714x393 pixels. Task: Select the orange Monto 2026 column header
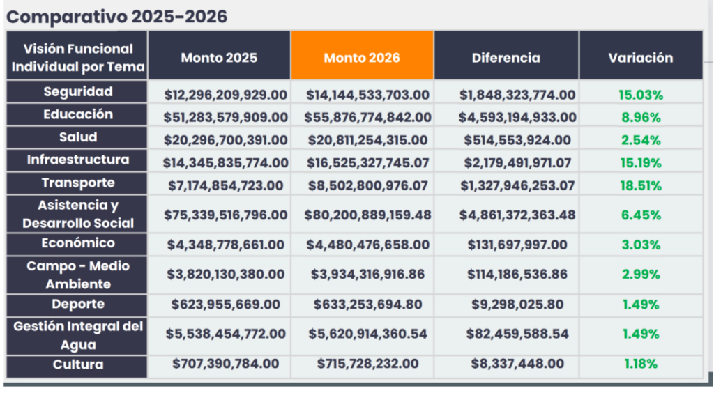(x=362, y=57)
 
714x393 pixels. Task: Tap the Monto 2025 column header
(x=219, y=57)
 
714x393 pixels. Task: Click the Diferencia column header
(x=506, y=57)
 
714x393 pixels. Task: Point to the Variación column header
(x=640, y=57)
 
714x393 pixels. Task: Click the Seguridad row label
(x=77, y=91)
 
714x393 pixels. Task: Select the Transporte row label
(x=77, y=183)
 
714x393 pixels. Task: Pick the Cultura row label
(x=77, y=364)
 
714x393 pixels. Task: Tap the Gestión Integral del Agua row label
(x=77, y=335)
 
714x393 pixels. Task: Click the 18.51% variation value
(x=640, y=186)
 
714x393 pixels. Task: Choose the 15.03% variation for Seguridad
(x=640, y=95)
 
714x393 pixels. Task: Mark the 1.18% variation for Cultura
(x=640, y=363)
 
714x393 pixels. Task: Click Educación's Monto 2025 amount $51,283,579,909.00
(x=225, y=118)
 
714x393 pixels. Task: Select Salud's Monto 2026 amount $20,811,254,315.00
(x=368, y=140)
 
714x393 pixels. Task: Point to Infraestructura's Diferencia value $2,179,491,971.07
(x=517, y=163)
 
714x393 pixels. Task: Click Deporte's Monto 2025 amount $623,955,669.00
(x=226, y=304)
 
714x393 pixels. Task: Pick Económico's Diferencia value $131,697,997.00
(x=517, y=245)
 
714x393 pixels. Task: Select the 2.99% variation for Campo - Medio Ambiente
(x=640, y=275)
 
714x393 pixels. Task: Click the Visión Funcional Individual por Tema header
(x=77, y=58)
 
